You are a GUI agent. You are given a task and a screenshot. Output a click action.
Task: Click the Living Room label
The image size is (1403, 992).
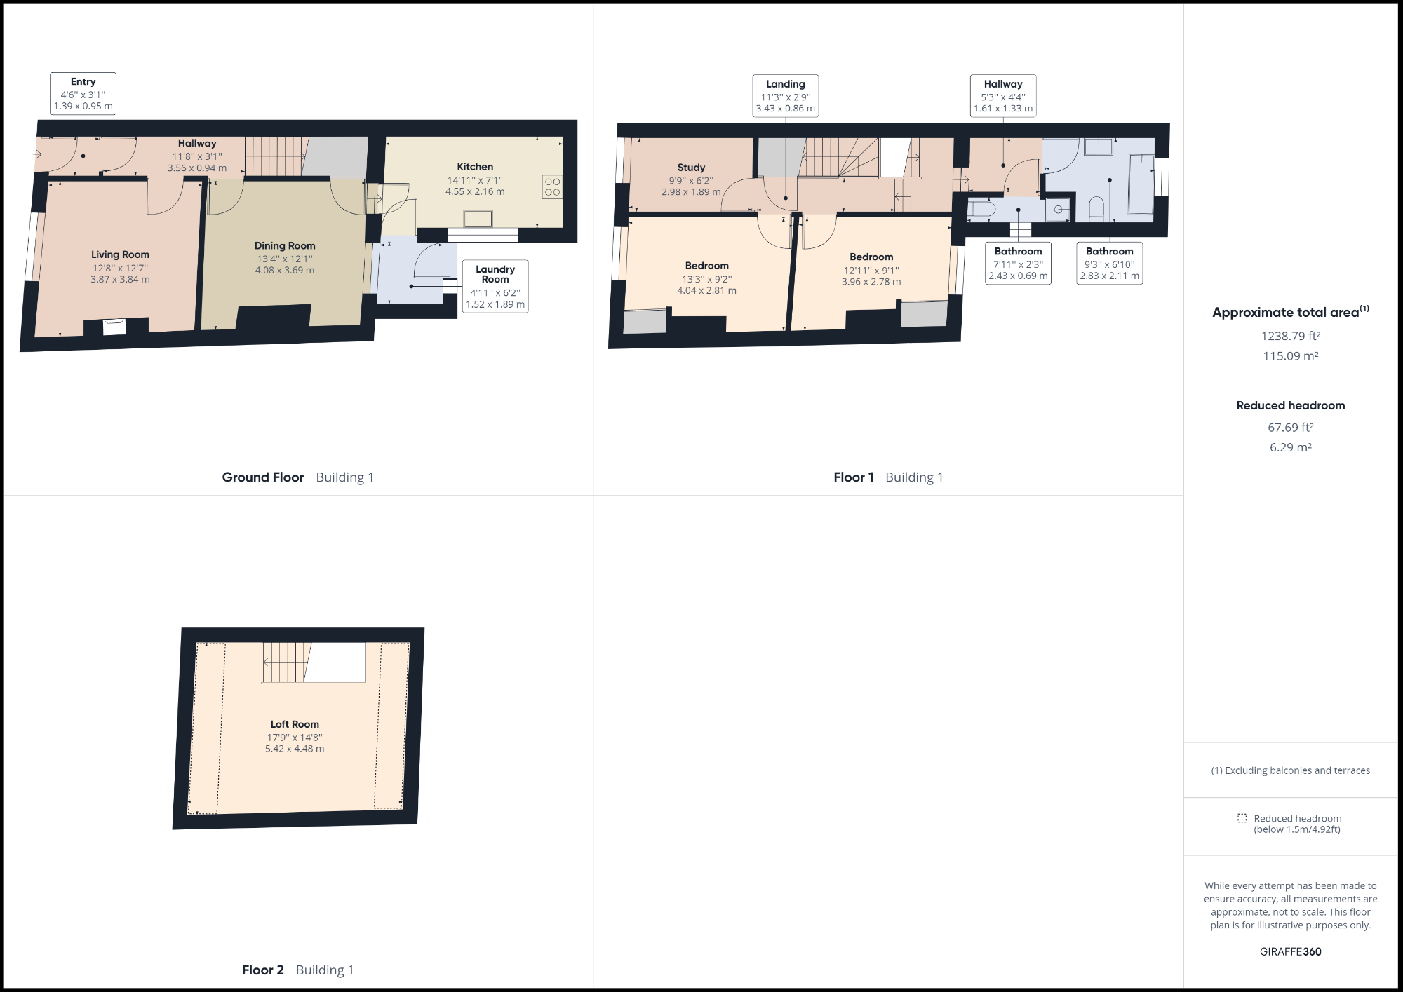coord(120,254)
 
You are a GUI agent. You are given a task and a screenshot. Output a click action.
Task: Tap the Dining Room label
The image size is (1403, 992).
coord(285,245)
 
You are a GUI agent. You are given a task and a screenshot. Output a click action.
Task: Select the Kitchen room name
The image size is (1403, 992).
coord(475,167)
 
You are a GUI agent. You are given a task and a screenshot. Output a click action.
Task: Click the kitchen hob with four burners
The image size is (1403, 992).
coord(552,186)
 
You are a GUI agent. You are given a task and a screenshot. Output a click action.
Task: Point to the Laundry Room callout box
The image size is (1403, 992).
coord(495,286)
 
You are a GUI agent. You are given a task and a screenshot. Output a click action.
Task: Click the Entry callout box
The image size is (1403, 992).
coord(83,93)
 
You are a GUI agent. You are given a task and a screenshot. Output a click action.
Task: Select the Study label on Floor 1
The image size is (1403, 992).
coord(691,168)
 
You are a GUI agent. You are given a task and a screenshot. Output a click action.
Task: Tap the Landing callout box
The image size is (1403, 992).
coord(785,95)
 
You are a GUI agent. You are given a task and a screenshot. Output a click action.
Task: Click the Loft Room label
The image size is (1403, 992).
coord(295,724)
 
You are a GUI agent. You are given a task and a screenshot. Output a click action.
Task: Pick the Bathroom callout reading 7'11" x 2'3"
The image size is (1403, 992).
coord(1018,263)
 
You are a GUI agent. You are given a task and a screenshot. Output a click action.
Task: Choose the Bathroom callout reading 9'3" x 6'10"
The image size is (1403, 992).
coord(1109,263)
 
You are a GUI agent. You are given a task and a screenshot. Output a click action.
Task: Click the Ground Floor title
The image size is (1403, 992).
coord(263,477)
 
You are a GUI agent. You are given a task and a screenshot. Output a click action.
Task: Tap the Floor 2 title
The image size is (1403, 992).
coord(263,970)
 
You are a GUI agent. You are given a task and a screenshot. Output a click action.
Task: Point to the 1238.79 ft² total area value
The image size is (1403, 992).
coord(1290,336)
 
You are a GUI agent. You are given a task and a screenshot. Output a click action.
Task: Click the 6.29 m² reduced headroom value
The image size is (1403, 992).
coord(1290,447)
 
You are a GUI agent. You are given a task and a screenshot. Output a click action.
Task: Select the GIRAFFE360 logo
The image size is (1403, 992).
coord(1290,951)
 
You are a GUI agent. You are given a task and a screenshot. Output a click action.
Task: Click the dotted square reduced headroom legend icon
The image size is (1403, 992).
coord(1242,818)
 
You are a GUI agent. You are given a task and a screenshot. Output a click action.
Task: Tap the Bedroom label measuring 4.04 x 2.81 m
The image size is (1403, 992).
coord(706,266)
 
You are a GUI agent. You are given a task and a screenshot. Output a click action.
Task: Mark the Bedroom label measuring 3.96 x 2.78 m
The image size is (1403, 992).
coord(871,257)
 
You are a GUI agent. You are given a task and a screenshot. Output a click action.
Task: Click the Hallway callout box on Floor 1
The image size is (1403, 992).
coord(1002,95)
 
